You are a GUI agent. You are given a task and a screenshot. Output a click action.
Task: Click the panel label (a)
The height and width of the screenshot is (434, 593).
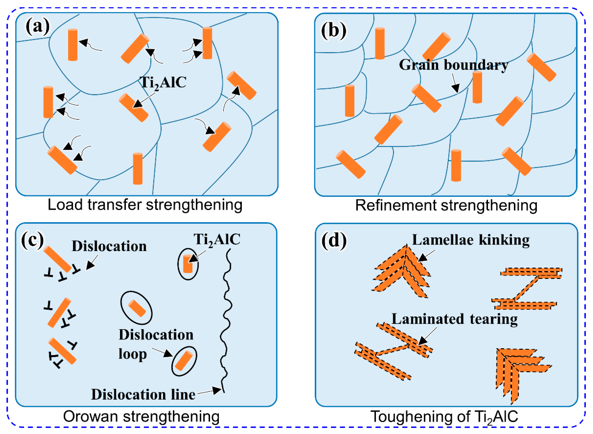[37, 27]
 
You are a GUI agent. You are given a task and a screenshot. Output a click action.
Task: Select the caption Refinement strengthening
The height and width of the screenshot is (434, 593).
[446, 205]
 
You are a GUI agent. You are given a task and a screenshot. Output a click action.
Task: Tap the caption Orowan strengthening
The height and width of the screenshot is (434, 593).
[141, 416]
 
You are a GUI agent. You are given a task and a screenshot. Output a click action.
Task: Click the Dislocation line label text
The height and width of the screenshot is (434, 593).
[143, 395]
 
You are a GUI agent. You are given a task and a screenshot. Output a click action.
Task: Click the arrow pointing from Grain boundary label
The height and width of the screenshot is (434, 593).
[456, 84]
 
